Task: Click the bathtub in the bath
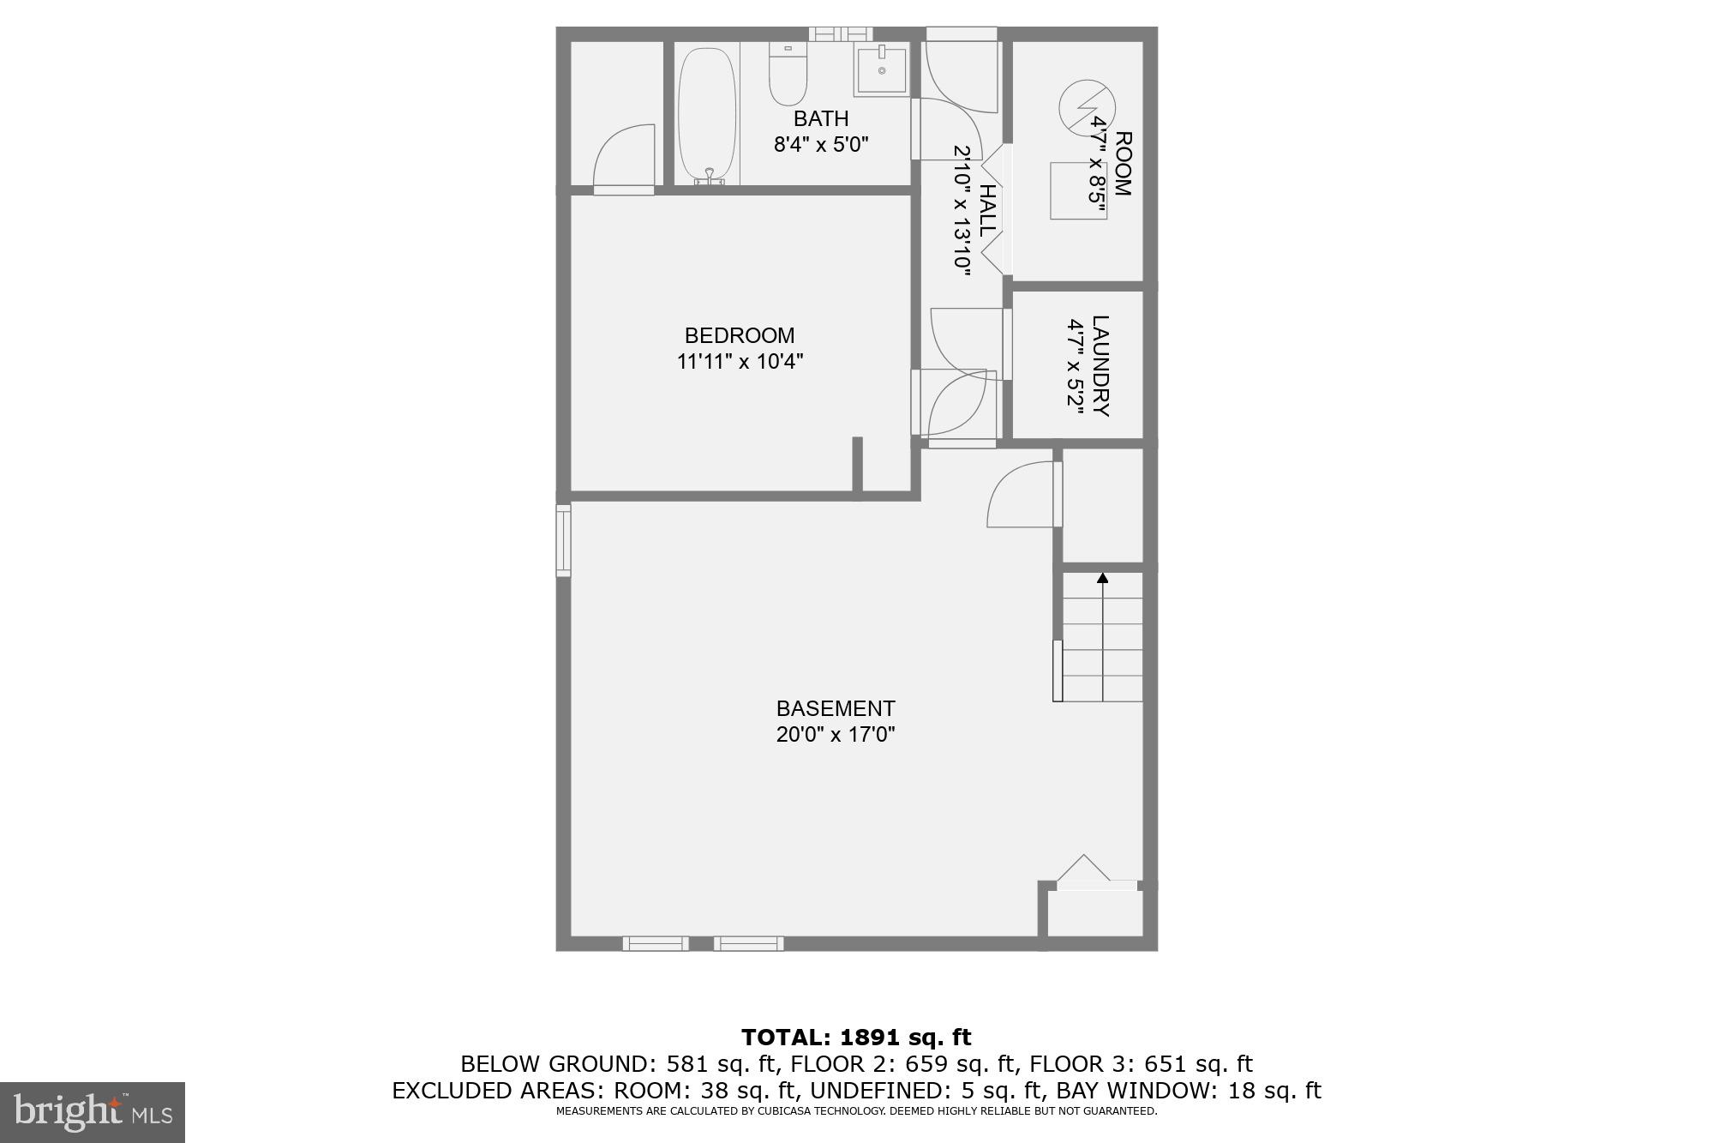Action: (x=707, y=113)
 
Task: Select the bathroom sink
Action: (x=881, y=70)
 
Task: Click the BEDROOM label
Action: (x=740, y=335)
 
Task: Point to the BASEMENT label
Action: (x=836, y=708)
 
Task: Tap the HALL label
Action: (x=987, y=211)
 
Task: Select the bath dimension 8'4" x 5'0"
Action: (x=821, y=144)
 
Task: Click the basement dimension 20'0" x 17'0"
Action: (x=836, y=735)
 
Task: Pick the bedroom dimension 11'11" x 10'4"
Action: (x=740, y=362)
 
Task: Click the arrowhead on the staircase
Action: (x=1102, y=579)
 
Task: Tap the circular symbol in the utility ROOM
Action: (x=1087, y=107)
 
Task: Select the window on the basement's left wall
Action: (x=563, y=540)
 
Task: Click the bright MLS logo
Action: (x=93, y=1112)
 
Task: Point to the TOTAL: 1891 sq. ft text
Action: (x=856, y=1038)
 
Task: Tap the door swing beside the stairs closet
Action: (x=1022, y=495)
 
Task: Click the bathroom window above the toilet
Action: (x=840, y=34)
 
